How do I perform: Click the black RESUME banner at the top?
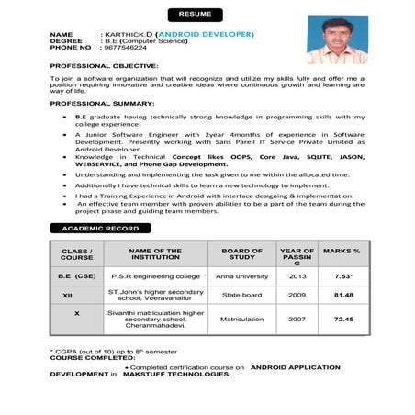[194, 15]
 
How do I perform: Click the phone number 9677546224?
[127, 47]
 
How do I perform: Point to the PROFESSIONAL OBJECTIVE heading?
[104, 66]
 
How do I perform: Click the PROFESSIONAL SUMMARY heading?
[102, 106]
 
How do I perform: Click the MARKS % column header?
[342, 251]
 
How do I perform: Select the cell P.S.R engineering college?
[155, 276]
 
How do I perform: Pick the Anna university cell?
[242, 276]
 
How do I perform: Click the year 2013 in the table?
[297, 276]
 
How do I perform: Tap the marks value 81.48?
[343, 296]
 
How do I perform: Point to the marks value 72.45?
[343, 320]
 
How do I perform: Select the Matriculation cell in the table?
[242, 320]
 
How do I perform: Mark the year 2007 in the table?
[297, 320]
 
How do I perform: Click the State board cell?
[242, 296]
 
